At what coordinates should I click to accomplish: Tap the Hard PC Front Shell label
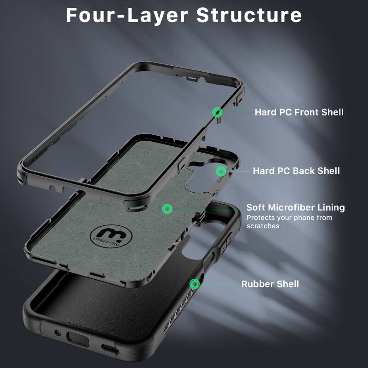click(x=299, y=112)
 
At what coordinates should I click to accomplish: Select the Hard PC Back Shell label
click(x=296, y=171)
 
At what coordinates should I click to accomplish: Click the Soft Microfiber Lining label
click(x=295, y=207)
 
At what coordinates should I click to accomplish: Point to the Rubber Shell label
click(x=270, y=284)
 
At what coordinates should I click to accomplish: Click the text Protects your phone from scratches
click(x=289, y=222)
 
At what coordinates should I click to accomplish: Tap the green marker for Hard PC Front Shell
click(x=217, y=112)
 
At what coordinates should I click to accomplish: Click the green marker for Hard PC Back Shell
click(x=221, y=171)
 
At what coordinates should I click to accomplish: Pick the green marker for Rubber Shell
click(x=194, y=284)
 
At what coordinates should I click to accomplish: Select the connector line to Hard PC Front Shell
click(x=237, y=112)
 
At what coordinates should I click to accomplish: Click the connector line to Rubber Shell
click(x=217, y=284)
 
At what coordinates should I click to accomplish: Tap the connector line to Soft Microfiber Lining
click(x=207, y=208)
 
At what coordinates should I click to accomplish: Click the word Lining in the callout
click(x=330, y=207)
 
